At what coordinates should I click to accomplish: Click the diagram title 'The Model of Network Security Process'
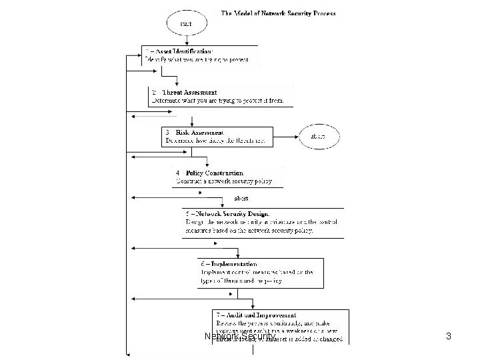[278, 13]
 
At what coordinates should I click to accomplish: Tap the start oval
[186, 23]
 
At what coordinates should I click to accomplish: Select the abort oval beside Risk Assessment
[318, 136]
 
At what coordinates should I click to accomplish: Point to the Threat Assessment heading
[193, 92]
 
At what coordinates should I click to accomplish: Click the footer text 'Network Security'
[239, 337]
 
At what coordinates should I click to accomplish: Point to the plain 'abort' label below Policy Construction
[241, 198]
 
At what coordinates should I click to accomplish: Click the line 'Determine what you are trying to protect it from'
[218, 101]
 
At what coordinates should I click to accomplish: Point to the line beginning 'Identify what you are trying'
[197, 59]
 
